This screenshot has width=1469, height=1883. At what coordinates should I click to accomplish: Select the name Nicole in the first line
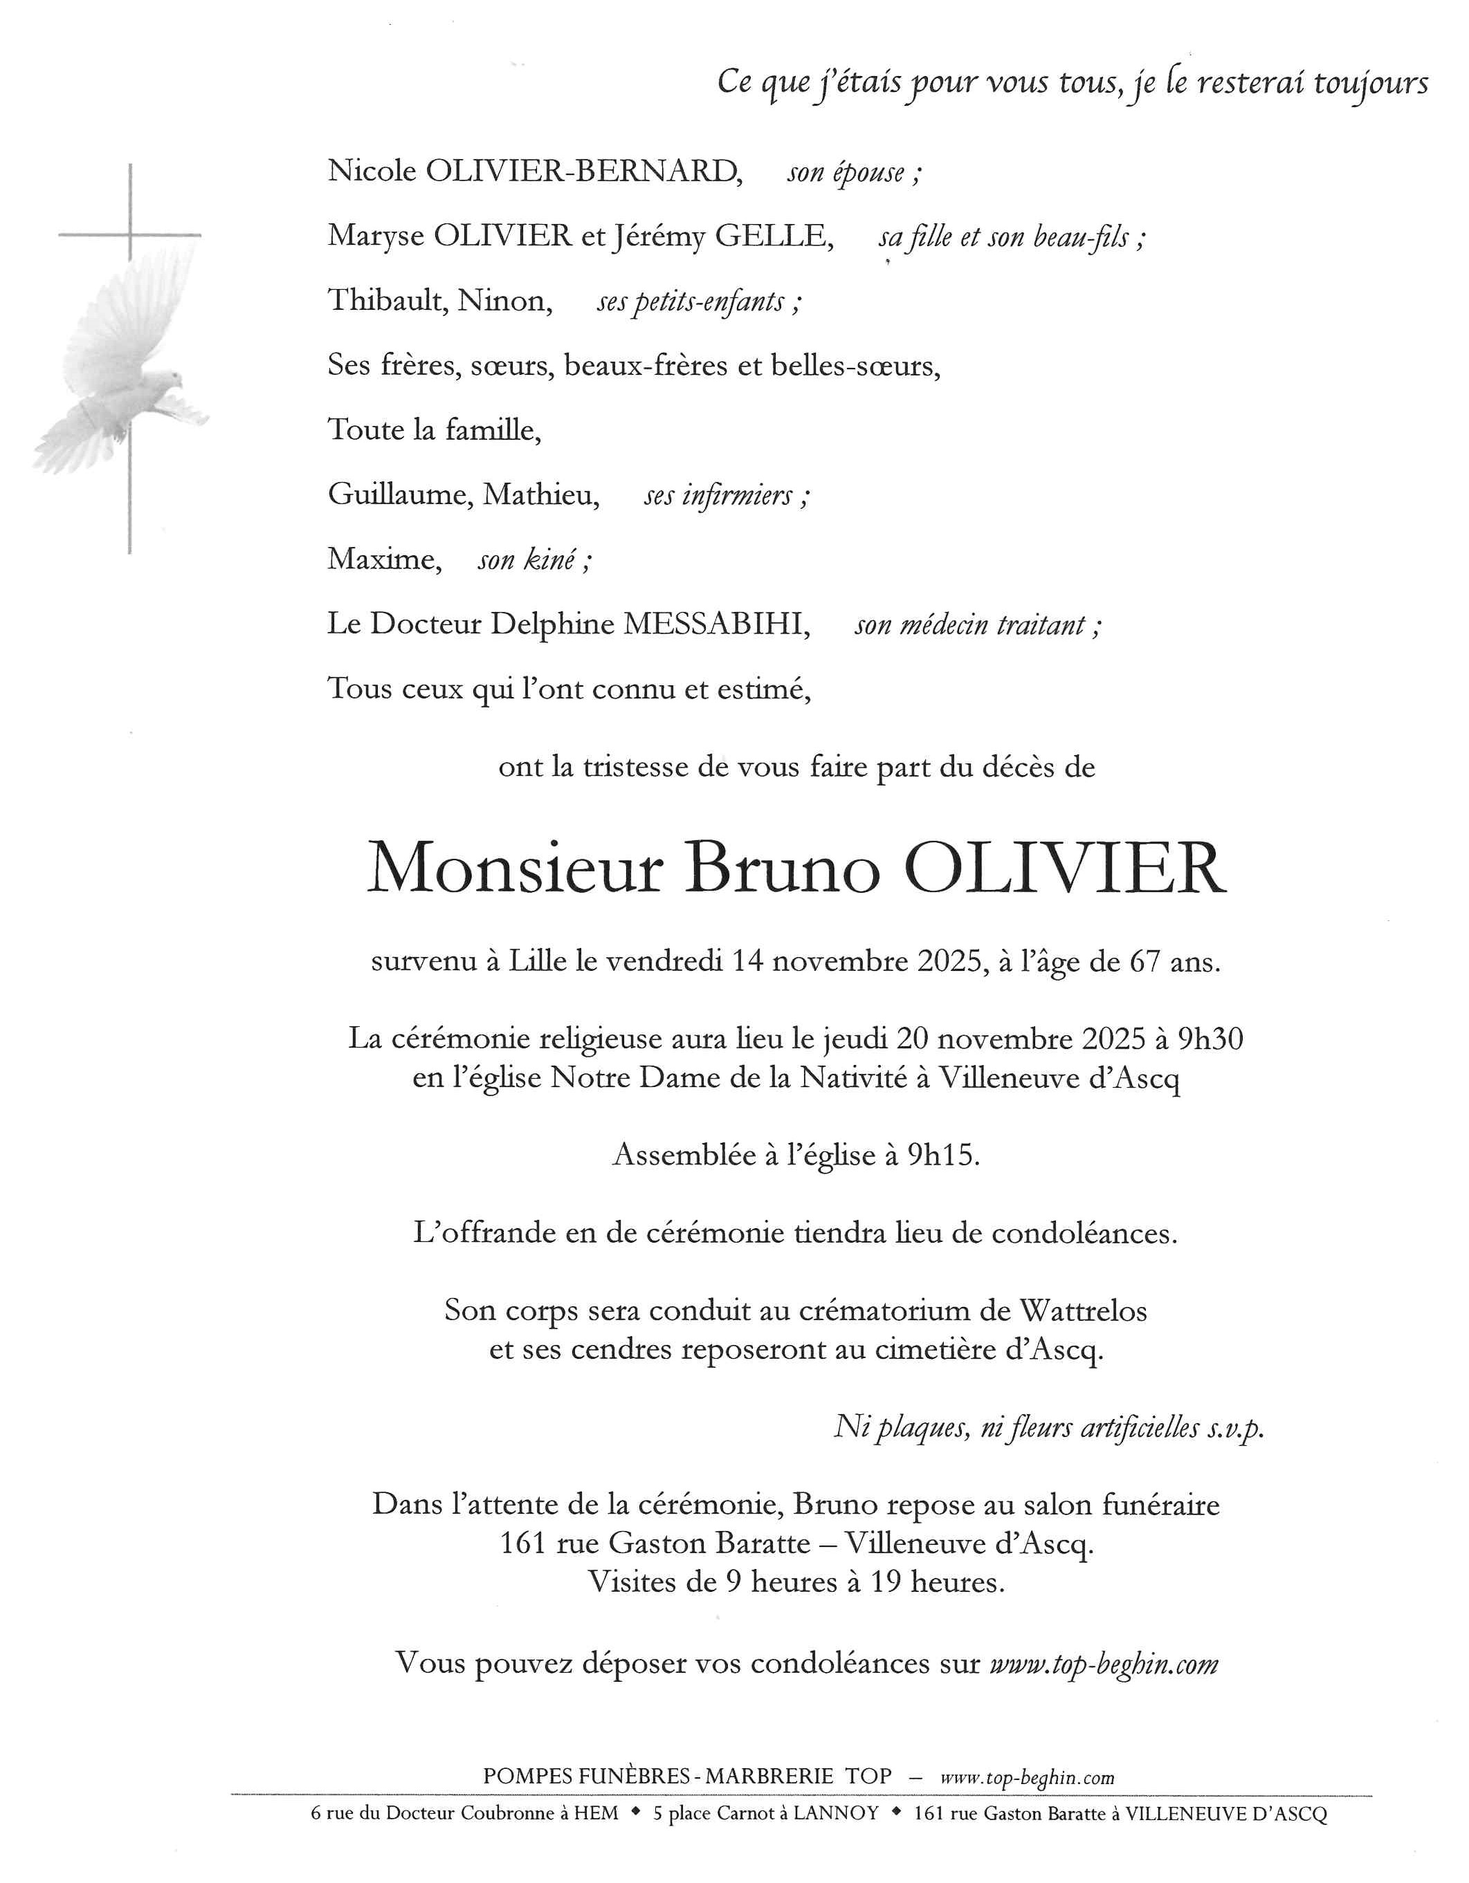point(372,171)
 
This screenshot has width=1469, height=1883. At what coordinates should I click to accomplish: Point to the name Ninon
point(504,300)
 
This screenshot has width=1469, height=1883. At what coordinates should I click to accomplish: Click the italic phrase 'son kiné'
point(535,559)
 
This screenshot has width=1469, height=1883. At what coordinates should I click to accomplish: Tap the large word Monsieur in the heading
point(515,869)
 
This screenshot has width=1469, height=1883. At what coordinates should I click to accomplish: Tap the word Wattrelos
point(1084,1310)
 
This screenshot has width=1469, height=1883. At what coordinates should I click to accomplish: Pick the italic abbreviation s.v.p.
point(1235,1428)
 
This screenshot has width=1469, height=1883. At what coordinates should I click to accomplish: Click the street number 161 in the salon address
point(522,1543)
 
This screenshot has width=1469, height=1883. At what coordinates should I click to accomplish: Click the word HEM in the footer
point(598,1813)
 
